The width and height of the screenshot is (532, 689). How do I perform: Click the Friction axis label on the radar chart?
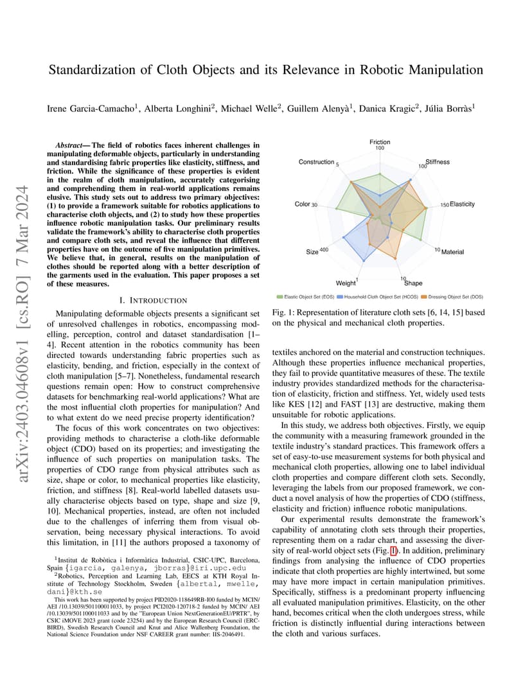tap(380, 142)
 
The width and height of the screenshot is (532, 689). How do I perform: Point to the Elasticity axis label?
tap(462, 204)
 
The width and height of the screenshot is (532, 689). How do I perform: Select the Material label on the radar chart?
tap(452, 252)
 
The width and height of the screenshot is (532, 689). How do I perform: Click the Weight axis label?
tap(345, 283)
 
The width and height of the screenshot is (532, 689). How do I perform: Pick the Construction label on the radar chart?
tap(316, 162)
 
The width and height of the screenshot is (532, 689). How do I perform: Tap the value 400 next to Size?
tap(324, 250)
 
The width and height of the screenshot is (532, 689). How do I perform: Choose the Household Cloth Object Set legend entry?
tap(373, 297)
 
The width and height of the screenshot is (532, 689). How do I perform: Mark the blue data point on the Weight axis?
tap(365, 260)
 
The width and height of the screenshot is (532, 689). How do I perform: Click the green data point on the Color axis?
tap(337, 207)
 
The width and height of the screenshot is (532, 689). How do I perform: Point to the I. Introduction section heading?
tap(154, 300)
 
